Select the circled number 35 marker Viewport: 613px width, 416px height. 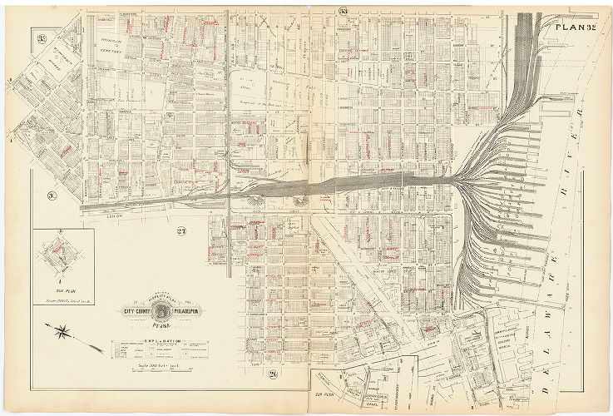tap(41, 37)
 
